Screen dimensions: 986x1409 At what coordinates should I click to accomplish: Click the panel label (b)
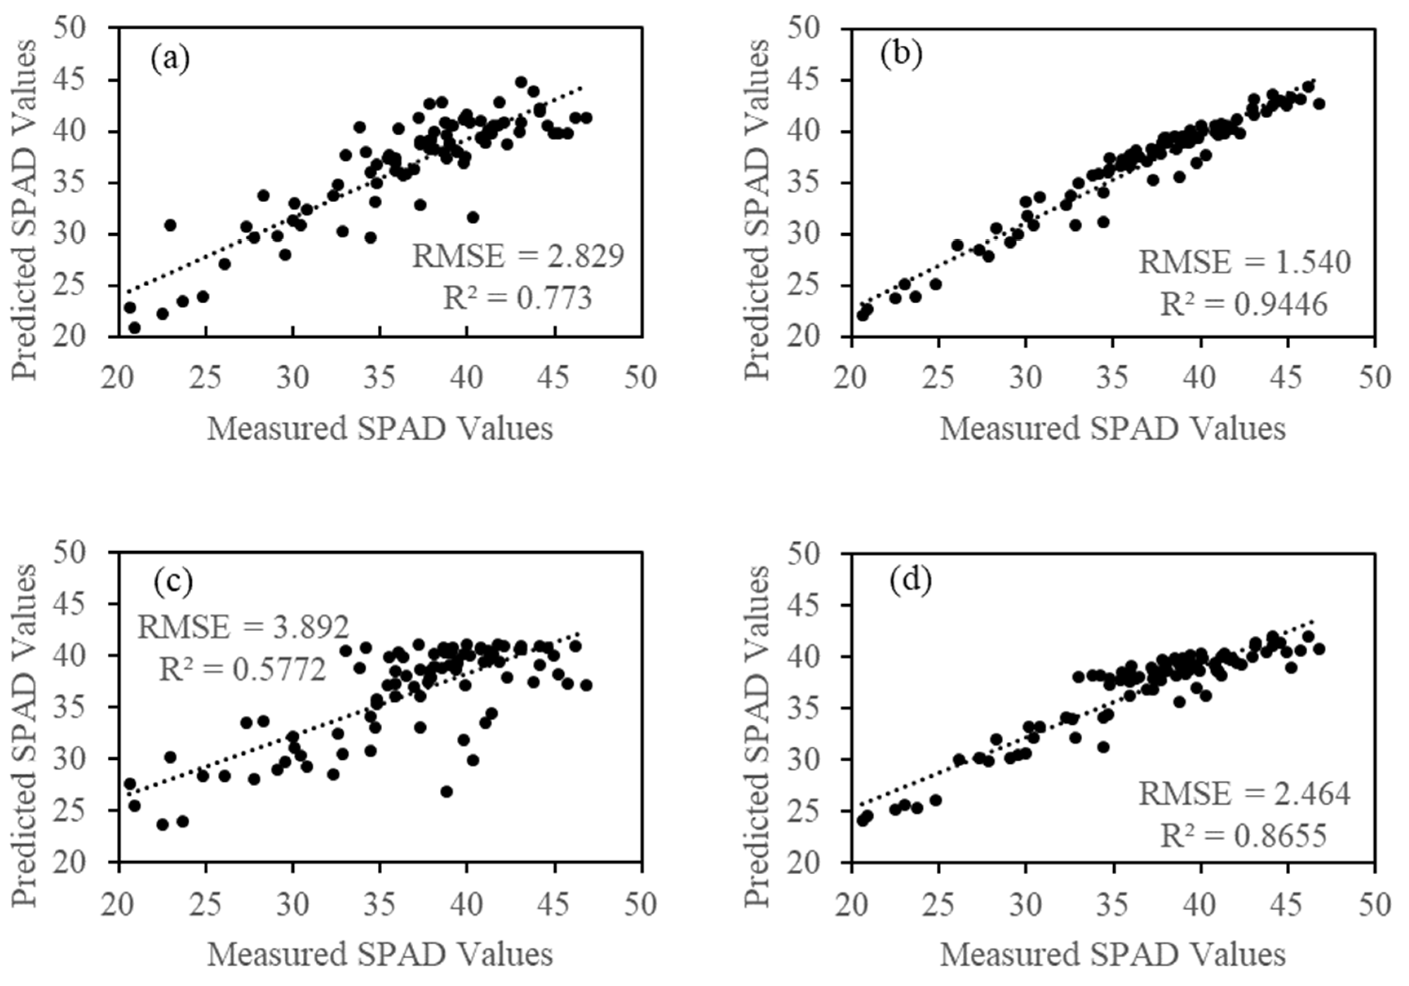tap(900, 55)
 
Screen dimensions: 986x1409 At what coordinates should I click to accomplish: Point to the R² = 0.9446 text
tap(1244, 304)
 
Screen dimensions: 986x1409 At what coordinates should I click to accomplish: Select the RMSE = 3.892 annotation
tap(243, 627)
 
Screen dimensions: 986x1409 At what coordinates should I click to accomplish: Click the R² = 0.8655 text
tap(1243, 836)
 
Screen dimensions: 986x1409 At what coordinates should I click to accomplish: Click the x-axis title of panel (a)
tap(380, 429)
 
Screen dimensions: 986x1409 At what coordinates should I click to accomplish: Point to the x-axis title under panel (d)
tap(1112, 955)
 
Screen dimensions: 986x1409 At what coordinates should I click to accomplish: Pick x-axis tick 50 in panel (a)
tap(641, 378)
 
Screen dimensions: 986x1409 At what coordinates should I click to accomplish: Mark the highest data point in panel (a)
tap(521, 82)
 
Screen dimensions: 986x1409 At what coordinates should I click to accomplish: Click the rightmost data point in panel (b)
tap(1319, 104)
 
